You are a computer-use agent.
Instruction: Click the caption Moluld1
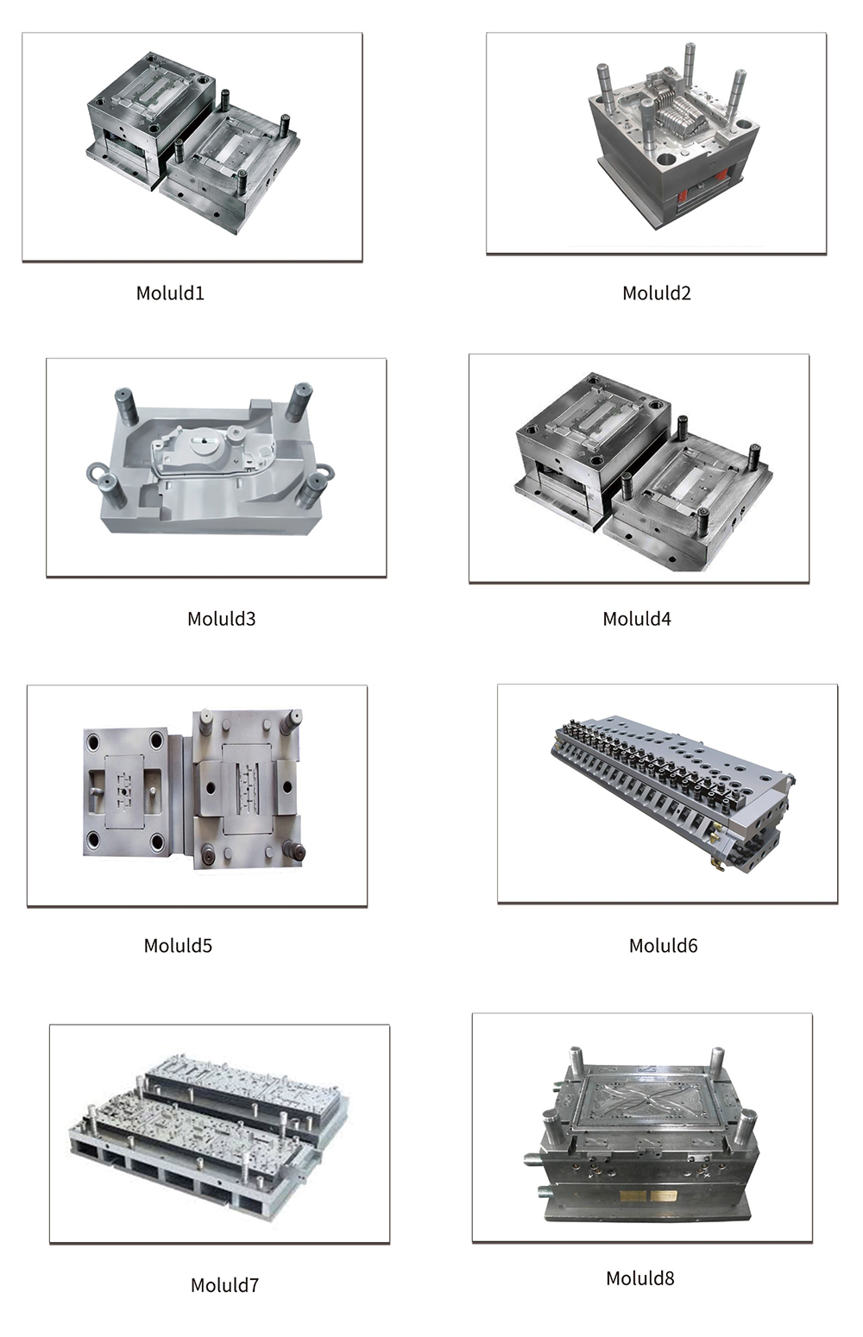click(x=170, y=293)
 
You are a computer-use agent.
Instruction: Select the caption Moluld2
click(x=657, y=293)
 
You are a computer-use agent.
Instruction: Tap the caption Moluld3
click(x=222, y=619)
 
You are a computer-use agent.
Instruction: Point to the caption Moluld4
click(x=637, y=619)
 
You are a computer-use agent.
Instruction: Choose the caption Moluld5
click(x=178, y=945)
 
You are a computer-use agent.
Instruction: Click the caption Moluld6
click(x=663, y=945)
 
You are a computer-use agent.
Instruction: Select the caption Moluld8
click(x=639, y=1278)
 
